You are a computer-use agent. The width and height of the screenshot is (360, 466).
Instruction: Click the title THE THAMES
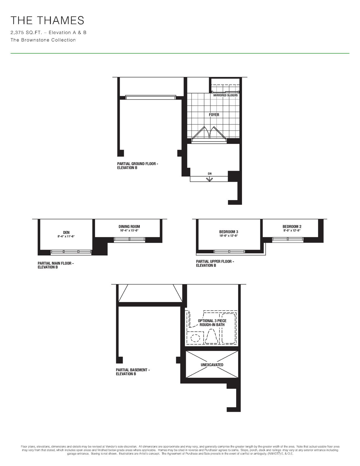click(47, 20)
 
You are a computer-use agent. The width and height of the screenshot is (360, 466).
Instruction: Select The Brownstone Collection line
click(43, 40)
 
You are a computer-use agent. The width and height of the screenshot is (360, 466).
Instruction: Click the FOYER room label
click(214, 115)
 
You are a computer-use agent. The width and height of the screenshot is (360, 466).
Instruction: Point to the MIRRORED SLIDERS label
click(225, 95)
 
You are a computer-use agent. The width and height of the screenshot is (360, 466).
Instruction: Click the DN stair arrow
click(209, 179)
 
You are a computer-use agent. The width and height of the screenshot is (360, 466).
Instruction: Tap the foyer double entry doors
click(209, 134)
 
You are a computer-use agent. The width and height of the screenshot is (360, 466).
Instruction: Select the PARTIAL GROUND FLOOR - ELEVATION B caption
click(137, 165)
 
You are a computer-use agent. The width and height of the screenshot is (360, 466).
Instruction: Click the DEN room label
click(66, 232)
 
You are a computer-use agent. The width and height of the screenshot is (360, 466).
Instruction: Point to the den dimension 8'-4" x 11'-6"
click(66, 236)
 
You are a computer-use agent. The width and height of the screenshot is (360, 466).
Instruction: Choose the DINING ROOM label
click(129, 227)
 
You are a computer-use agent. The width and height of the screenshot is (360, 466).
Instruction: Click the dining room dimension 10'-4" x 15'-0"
click(129, 231)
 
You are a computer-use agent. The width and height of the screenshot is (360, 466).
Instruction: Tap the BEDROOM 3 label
click(229, 232)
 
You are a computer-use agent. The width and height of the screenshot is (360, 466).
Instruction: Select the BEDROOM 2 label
click(292, 227)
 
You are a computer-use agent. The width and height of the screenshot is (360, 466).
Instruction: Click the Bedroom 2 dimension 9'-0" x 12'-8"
click(292, 231)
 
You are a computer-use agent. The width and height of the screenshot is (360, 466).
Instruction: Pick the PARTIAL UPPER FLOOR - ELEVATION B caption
click(215, 263)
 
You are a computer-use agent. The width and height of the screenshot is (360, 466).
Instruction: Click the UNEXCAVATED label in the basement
click(212, 365)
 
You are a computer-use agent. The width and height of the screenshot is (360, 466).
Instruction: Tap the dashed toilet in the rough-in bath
click(212, 336)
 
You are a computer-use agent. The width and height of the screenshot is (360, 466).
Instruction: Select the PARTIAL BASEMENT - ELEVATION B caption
click(133, 372)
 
